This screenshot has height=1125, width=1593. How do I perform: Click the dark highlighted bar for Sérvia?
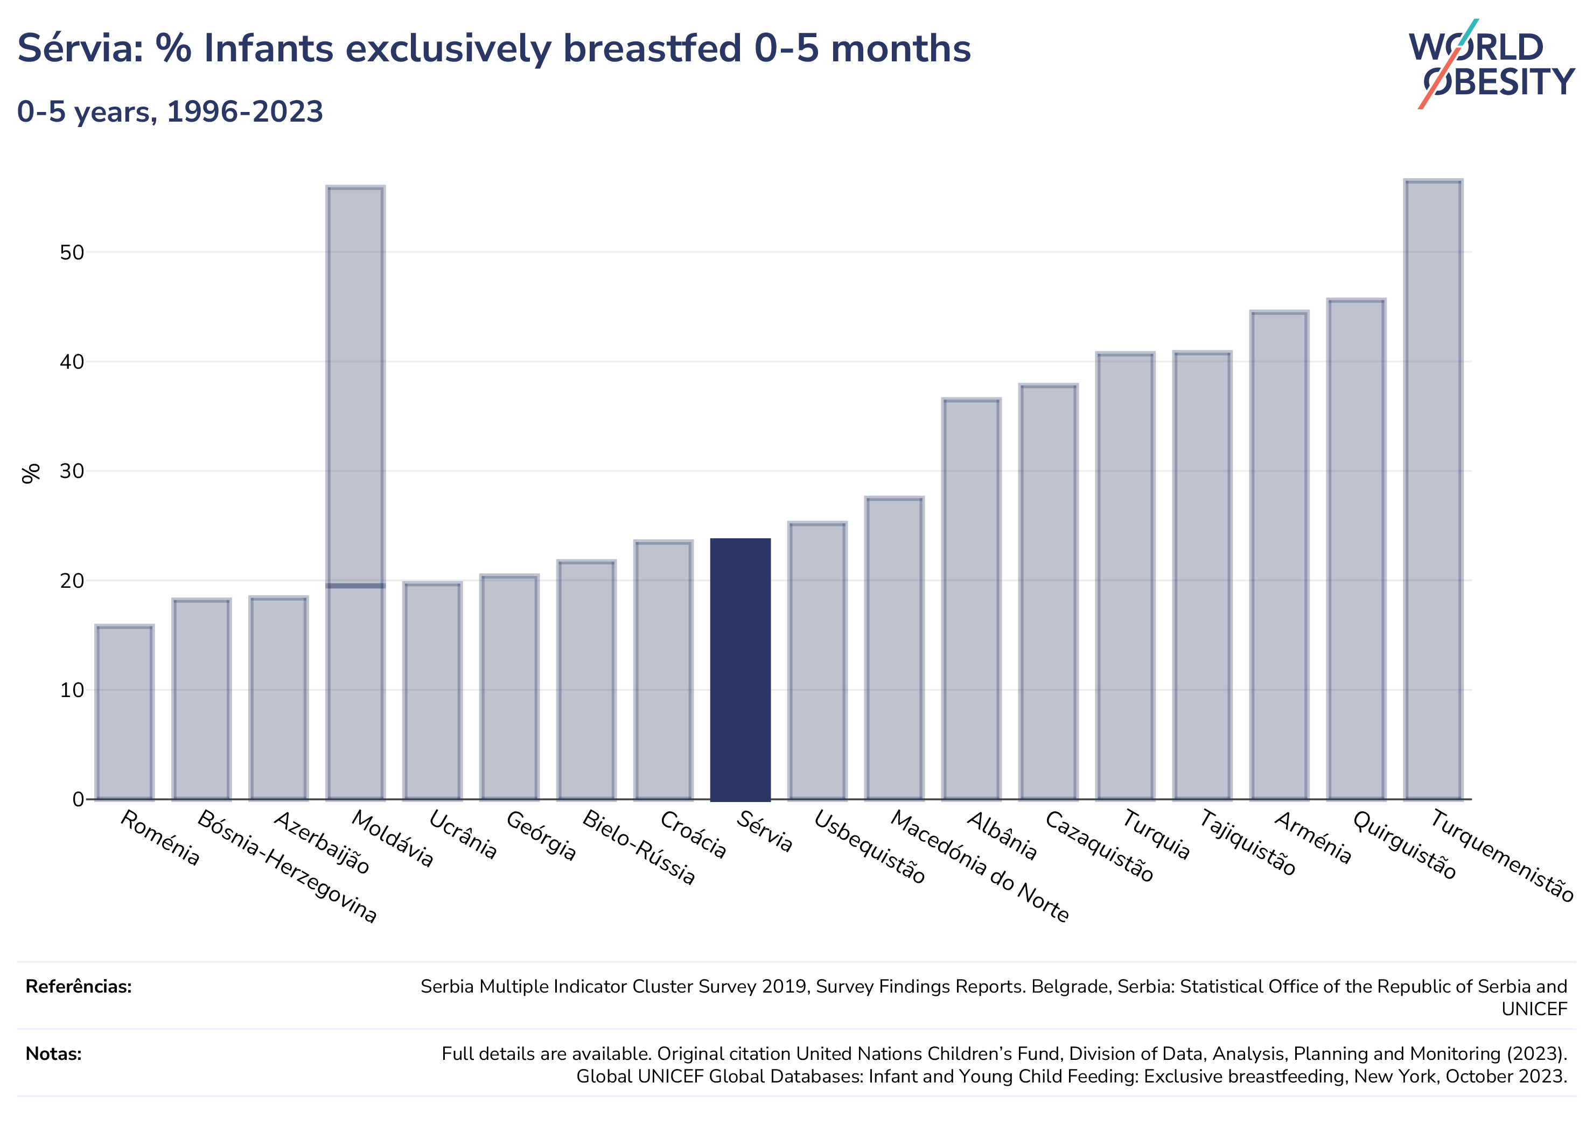coord(740,669)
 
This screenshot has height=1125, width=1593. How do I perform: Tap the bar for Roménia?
coord(125,712)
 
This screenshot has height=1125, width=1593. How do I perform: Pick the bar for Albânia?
coord(972,599)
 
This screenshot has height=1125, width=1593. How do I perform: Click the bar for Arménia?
coord(1278,555)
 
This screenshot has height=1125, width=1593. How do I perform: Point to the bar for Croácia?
coord(663,670)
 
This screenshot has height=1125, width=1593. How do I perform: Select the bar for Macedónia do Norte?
coord(895,648)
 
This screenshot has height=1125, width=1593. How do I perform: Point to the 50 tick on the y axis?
coord(72,252)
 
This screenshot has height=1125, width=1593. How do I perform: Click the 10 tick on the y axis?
coord(72,690)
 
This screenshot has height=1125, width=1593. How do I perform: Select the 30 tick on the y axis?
coord(72,471)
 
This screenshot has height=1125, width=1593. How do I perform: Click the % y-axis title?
coord(31,473)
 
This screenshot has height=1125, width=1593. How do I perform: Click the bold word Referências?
coord(79,986)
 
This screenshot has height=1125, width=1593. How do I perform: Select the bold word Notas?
coord(53,1053)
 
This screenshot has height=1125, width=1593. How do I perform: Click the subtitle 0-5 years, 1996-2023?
coord(170,111)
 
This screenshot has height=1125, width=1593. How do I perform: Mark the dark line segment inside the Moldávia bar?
coord(355,586)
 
